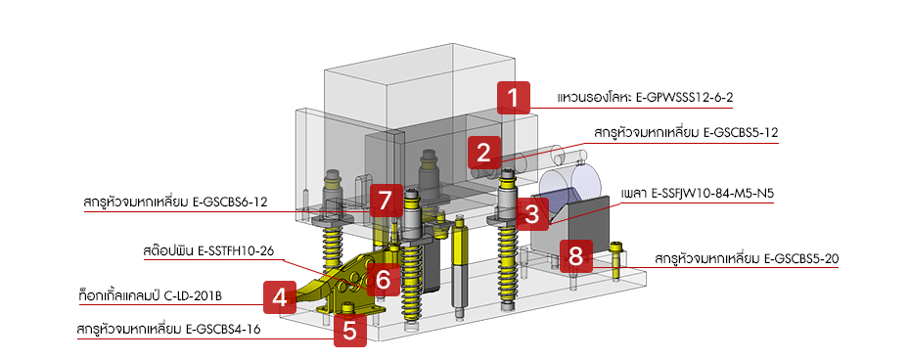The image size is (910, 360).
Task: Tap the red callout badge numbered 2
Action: [x=483, y=152]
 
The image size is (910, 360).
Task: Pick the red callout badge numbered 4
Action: [x=279, y=294]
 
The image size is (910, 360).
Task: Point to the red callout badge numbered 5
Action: [x=349, y=330]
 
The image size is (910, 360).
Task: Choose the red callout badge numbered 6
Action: [x=383, y=279]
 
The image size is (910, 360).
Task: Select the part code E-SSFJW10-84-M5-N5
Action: [x=713, y=194]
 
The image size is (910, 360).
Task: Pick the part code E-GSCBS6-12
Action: [x=224, y=202]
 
